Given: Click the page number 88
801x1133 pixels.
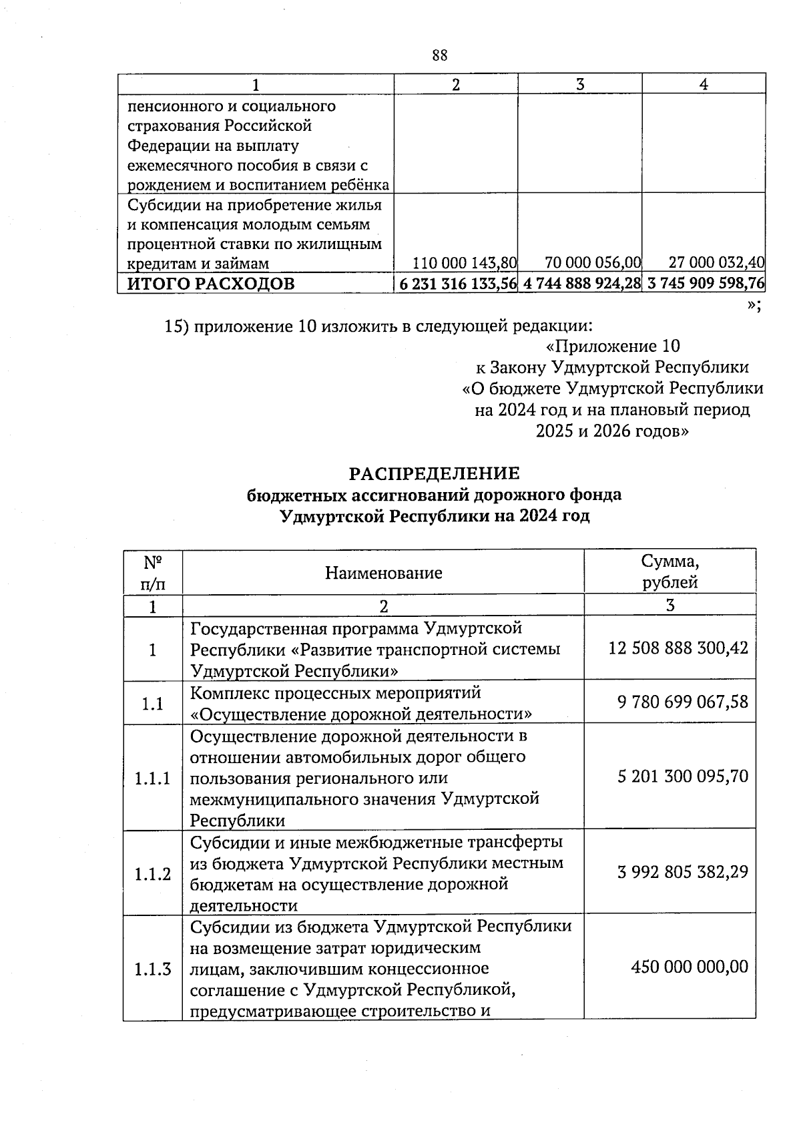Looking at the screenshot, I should [x=439, y=55].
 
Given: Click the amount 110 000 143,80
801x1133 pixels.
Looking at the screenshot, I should [x=465, y=263].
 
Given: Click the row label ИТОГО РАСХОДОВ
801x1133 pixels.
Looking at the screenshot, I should [x=211, y=284].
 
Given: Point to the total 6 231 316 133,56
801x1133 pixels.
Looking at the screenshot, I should [x=457, y=284].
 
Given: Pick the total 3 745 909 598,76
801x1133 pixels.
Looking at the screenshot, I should [x=706, y=284].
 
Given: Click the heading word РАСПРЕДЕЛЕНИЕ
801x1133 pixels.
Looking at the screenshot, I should [x=434, y=473].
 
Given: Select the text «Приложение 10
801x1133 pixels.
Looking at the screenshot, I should [x=612, y=346].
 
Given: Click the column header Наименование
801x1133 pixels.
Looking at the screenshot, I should [x=383, y=573].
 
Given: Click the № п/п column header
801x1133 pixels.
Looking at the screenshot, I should [x=153, y=572].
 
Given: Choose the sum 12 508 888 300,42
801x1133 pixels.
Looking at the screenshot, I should [x=678, y=648].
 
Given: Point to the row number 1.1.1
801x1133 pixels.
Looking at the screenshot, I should [x=152, y=778].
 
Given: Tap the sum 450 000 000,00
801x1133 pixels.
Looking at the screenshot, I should [x=690, y=967].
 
